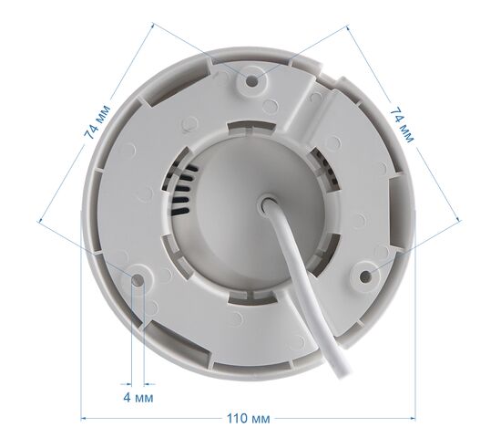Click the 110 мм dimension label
pyautogui.click(x=249, y=419)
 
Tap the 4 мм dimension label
pyautogui.click(x=138, y=398)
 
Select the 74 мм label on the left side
pyautogui.click(x=97, y=121)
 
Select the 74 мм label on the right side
pyautogui.click(x=402, y=125)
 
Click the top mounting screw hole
pyautogui.click(x=252, y=81)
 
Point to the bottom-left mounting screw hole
pyautogui.click(x=138, y=279)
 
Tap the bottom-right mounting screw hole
pyautogui.click(x=364, y=276)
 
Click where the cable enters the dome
pyautogui.click(x=268, y=206)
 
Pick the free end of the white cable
pyautogui.click(x=343, y=372)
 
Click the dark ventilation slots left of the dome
pyautogui.click(x=180, y=190)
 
